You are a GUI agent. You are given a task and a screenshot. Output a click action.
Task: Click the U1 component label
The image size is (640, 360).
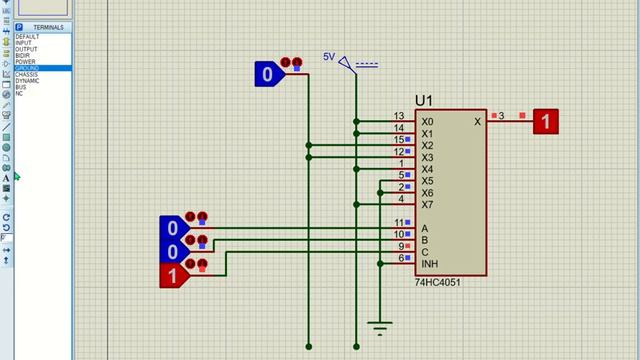click(x=424, y=101)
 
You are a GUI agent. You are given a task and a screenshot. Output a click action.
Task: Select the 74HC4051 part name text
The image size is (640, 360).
click(x=437, y=283)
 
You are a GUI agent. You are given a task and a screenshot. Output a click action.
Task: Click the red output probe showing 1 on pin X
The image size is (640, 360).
click(x=545, y=122)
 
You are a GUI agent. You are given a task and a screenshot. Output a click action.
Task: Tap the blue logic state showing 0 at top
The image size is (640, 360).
click(x=267, y=74)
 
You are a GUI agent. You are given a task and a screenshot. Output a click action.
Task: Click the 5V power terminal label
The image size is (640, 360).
click(x=329, y=57)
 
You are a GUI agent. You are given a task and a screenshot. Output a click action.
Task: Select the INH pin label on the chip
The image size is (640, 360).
click(x=429, y=264)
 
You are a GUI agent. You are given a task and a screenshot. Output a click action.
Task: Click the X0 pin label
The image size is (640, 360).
click(x=427, y=122)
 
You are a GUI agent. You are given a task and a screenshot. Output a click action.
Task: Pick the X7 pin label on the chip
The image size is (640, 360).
click(x=427, y=205)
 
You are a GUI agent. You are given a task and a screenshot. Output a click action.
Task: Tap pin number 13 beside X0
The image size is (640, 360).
click(x=398, y=116)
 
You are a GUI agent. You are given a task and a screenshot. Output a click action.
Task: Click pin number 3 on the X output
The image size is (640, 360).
click(x=501, y=116)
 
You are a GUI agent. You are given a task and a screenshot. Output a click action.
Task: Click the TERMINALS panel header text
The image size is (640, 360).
click(x=47, y=27)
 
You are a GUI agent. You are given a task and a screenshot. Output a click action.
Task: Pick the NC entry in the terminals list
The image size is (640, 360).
click(x=19, y=93)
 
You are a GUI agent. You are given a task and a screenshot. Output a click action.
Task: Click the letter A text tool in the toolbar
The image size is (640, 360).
click(x=6, y=178)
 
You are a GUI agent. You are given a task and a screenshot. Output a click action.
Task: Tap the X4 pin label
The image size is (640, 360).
click(x=427, y=170)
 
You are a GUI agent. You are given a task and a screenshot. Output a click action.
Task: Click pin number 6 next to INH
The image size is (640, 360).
click(x=400, y=258)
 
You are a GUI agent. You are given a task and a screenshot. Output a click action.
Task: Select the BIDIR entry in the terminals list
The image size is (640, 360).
click(x=22, y=55)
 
